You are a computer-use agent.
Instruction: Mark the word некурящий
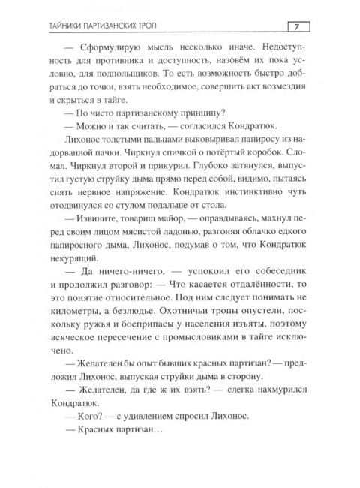tap(73, 289)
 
